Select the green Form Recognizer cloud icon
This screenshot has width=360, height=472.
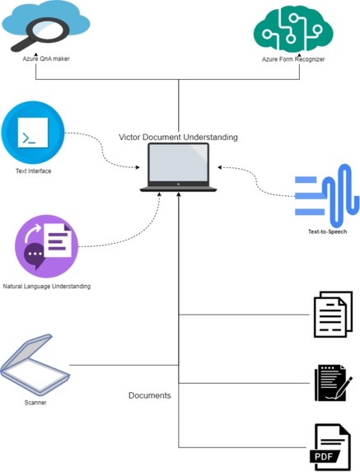point(292,29)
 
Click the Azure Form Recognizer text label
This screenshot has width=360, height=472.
point(292,60)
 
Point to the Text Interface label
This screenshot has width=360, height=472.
point(34,171)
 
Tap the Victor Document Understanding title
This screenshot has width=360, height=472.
point(179,137)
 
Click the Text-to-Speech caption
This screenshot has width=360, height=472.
point(327,231)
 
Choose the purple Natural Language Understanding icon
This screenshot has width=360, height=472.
point(46,246)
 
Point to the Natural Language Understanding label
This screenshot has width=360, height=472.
point(46,286)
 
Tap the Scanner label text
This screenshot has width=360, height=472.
point(35,403)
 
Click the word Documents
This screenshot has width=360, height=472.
point(149,395)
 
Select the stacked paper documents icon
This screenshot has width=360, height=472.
point(333,314)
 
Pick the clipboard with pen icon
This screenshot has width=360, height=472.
point(333,382)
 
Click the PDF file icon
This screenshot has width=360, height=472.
point(332,446)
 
